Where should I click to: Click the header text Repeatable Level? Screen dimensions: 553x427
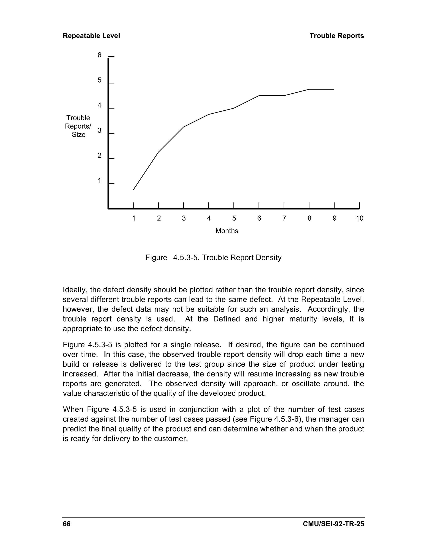91,36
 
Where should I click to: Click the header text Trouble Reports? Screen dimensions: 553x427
337,36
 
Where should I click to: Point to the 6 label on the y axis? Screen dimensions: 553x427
99,55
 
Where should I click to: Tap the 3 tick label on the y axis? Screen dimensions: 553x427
99,130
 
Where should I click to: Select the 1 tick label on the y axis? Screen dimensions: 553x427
99,181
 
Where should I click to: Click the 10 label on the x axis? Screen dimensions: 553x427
359,218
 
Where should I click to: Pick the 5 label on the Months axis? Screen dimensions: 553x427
234,218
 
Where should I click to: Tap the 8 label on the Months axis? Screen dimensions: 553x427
309,218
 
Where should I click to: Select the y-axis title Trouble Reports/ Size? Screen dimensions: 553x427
78,126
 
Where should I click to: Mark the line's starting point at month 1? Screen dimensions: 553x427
133,190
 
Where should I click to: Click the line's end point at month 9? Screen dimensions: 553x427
334,89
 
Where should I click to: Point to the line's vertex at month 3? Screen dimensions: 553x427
183,127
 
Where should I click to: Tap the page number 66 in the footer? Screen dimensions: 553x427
67,524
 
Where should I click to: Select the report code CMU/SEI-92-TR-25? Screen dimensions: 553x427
333,524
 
